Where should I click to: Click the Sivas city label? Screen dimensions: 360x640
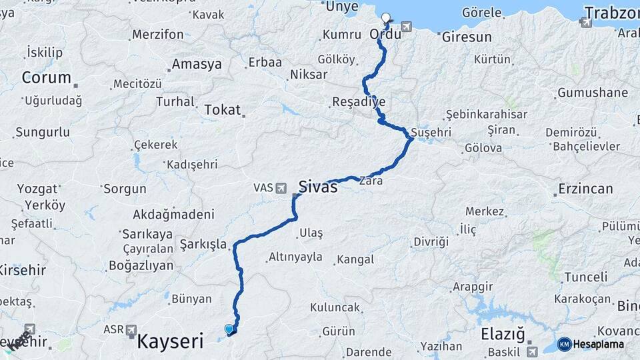(318, 187)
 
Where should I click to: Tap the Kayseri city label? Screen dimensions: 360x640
(170, 342)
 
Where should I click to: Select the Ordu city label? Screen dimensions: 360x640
(385, 33)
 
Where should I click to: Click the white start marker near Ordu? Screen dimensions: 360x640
(386, 18)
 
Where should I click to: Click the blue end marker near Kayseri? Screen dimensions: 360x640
(229, 329)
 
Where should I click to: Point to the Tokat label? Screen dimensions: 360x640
(222, 110)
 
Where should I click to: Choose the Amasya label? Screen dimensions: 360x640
(197, 65)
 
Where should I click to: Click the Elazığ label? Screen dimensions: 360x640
(503, 334)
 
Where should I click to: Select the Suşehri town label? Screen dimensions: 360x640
(431, 132)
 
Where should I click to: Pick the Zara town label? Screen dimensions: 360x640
(371, 181)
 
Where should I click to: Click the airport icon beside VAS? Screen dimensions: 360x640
(281, 188)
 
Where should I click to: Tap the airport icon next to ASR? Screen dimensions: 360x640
(131, 330)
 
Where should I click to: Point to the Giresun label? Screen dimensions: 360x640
(467, 37)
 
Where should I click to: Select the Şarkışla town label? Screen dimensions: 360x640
(203, 245)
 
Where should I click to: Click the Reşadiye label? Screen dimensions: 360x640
(359, 102)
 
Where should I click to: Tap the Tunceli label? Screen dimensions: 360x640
(586, 277)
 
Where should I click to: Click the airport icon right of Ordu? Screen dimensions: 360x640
(407, 27)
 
